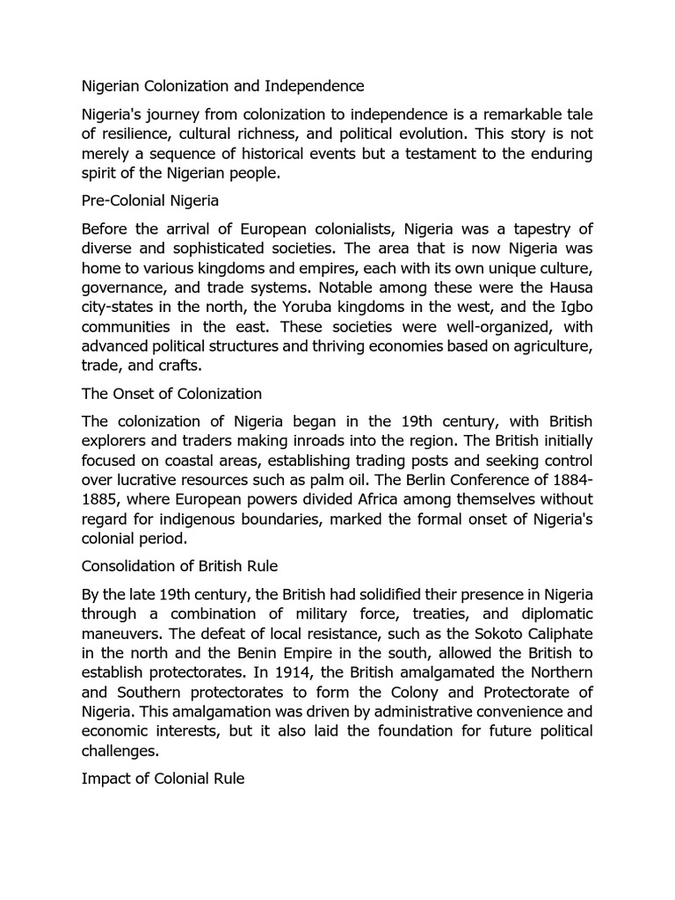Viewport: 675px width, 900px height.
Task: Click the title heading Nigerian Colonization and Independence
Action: tap(222, 86)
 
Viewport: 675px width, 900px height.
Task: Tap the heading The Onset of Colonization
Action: tap(171, 394)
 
